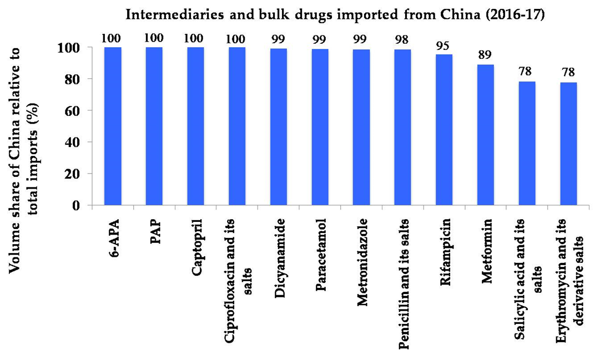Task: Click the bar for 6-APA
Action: coord(113,126)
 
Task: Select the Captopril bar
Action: coord(195,126)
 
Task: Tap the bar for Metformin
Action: coord(485,135)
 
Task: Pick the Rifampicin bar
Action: coord(444,130)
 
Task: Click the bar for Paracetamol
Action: coord(320,127)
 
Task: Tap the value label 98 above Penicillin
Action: coord(403,40)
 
